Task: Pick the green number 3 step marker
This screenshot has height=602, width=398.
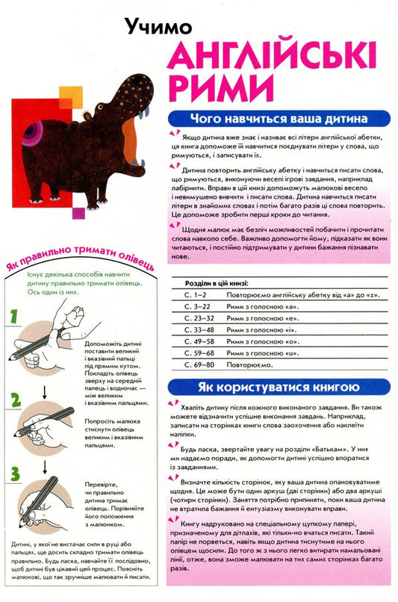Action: click(x=14, y=473)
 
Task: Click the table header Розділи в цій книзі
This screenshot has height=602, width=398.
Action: click(x=217, y=284)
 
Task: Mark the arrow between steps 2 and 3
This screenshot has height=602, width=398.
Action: click(x=46, y=464)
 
